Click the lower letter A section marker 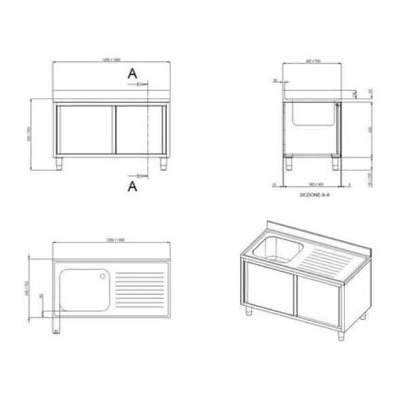131,183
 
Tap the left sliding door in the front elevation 86,130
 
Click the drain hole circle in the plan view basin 103,276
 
